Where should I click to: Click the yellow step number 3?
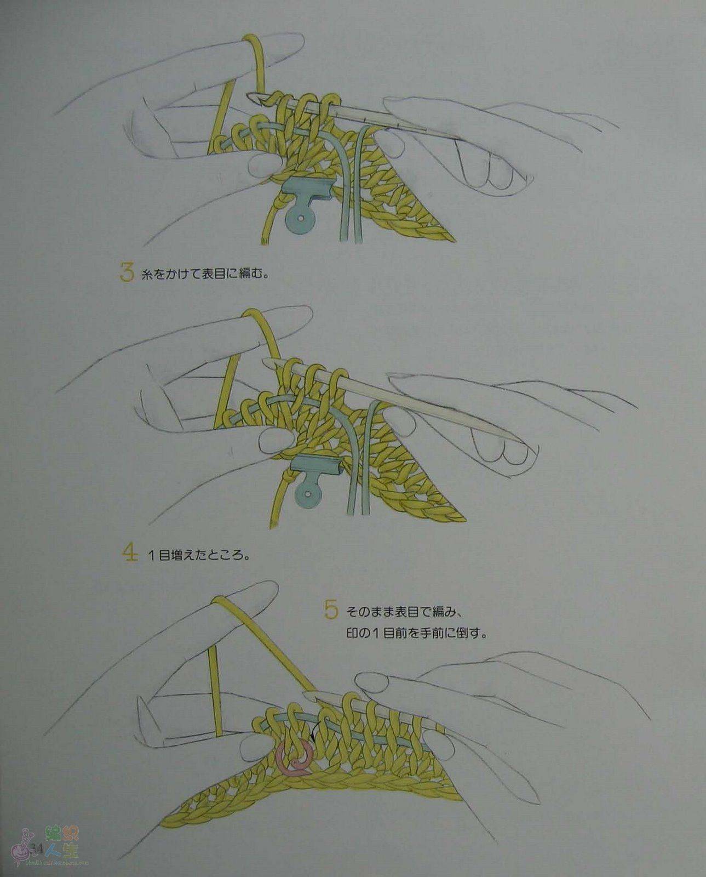[127, 272]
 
